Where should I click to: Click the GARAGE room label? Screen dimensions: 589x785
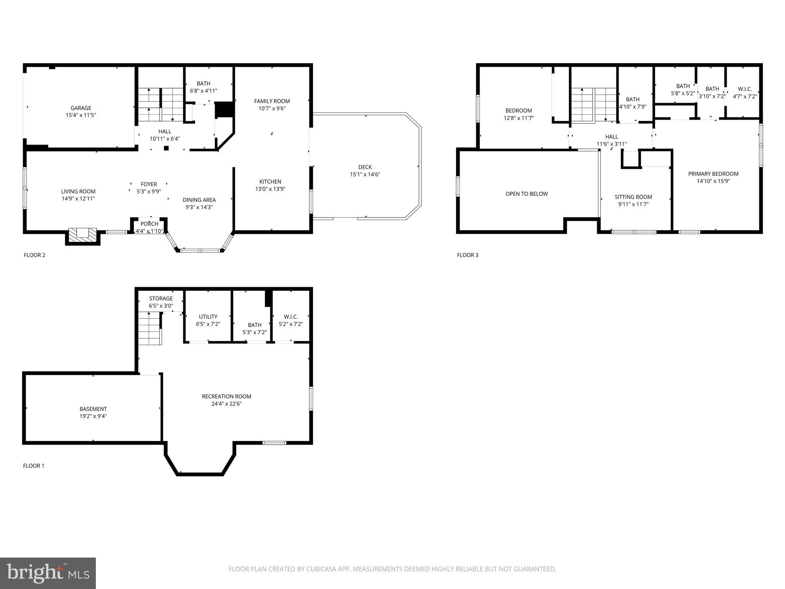coord(80,108)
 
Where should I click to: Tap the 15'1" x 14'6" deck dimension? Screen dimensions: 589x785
coord(365,174)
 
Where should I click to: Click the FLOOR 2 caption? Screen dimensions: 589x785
coord(34,255)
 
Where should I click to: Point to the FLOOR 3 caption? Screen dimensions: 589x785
coord(468,255)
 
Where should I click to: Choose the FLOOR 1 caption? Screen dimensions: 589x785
coord(34,466)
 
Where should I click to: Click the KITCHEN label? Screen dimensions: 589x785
coord(270,182)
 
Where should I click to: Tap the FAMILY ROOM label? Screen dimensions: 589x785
coord(272,101)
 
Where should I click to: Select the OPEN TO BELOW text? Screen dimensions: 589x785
coord(527,194)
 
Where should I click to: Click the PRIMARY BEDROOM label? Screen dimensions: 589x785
coord(713,174)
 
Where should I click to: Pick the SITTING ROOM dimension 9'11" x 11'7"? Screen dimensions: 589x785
coord(633,204)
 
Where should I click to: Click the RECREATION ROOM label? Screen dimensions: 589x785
coord(227,397)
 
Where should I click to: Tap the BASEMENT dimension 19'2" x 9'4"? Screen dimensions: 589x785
coord(93,416)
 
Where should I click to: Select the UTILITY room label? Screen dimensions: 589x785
coord(208,317)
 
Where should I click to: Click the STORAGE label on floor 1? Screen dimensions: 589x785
coord(161,298)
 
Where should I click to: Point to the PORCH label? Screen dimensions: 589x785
coord(149,224)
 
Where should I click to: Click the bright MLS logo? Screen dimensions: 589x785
coord(48,573)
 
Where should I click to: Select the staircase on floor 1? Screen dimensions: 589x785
coord(149,329)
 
